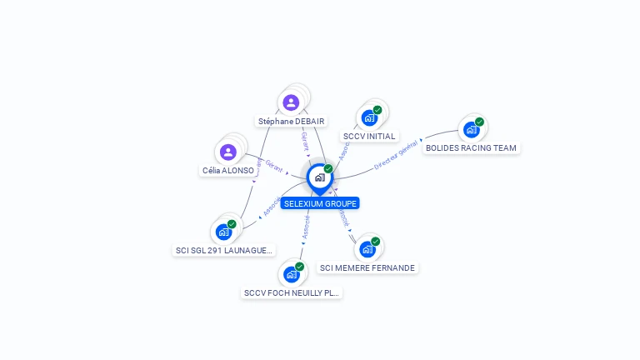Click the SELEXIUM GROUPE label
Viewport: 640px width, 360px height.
click(320, 203)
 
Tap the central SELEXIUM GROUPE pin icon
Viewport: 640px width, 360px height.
click(319, 177)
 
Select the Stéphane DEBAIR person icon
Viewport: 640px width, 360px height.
click(291, 102)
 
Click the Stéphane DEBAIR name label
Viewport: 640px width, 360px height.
click(291, 121)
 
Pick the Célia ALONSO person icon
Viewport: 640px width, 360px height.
click(228, 152)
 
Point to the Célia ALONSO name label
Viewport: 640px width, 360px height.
click(228, 170)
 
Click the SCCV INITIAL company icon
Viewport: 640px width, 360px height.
click(369, 117)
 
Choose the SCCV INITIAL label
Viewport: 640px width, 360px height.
click(369, 136)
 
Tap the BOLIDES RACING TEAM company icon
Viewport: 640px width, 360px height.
click(472, 129)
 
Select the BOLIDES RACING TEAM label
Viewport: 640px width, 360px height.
click(471, 148)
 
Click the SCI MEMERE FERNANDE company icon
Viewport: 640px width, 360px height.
click(367, 249)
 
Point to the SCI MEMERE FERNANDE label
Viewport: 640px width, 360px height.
click(367, 267)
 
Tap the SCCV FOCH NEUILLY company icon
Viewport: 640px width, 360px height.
click(292, 274)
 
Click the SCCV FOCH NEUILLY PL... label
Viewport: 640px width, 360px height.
click(292, 292)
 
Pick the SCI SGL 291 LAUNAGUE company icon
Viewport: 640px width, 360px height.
click(223, 232)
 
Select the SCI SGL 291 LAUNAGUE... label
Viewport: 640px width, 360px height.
click(223, 250)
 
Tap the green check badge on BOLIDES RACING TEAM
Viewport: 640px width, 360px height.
click(479, 122)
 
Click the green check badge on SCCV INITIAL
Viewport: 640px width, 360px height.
click(377, 110)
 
